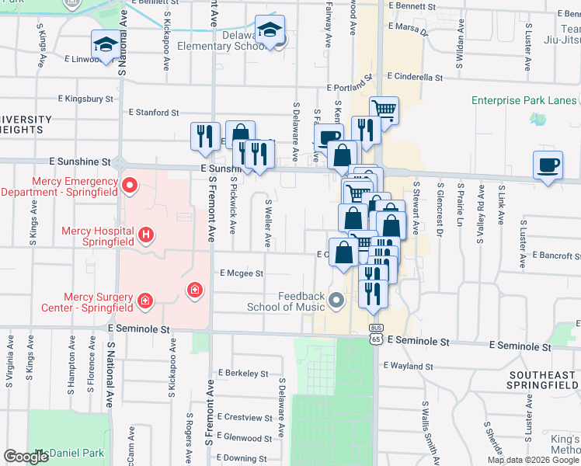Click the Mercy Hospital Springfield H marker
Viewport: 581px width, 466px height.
pos(144,234)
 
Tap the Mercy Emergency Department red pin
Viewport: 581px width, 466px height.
pos(129,186)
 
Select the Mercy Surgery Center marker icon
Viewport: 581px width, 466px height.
pos(144,301)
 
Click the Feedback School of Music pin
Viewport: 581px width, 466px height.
pos(336,300)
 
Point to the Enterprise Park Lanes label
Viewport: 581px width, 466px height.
pos(524,101)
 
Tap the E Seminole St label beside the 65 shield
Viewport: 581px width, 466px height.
pos(418,341)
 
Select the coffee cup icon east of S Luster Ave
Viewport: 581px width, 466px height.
pos(548,165)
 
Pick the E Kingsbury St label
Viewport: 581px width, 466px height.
pos(86,99)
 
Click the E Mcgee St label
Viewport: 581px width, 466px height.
pos(242,273)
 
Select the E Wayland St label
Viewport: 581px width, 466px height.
pos(406,366)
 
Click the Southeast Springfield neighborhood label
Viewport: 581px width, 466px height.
pos(541,381)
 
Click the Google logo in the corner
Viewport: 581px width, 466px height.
pos(26,457)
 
